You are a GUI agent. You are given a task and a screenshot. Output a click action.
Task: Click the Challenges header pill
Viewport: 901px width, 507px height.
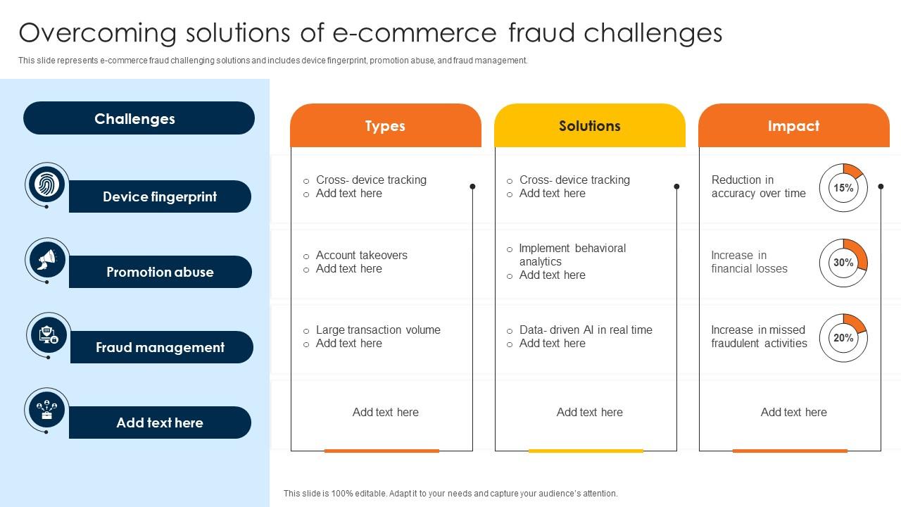139,118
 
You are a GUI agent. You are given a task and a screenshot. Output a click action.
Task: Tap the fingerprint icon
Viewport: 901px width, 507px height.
46,184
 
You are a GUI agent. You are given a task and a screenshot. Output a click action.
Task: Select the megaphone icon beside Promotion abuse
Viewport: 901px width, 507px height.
47,260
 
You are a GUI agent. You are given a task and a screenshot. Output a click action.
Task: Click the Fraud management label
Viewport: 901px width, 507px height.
160,347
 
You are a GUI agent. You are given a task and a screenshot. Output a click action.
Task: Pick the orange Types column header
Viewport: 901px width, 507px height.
385,125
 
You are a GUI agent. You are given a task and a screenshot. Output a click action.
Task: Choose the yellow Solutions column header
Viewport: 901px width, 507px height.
590,125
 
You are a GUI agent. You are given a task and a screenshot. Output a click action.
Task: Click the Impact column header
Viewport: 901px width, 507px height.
793,125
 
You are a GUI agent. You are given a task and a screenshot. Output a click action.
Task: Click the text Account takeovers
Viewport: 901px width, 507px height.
361,255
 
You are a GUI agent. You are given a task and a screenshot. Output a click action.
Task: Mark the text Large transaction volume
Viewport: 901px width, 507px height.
378,330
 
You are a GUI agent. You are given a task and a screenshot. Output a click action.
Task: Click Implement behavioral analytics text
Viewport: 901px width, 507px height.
572,255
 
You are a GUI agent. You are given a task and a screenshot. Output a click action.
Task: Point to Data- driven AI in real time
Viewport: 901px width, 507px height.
586,330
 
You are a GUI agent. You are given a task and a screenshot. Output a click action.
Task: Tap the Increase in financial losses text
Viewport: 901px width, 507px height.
749,261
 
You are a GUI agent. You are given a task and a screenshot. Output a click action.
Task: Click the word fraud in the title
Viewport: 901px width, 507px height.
542,32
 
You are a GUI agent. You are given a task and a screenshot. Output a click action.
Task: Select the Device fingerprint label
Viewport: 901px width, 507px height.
160,196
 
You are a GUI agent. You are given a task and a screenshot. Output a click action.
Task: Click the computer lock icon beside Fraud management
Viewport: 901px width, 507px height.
49,334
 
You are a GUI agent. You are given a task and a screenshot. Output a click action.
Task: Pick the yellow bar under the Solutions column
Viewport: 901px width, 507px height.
586,451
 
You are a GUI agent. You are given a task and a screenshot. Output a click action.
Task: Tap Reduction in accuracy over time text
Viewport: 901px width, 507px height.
758,187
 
